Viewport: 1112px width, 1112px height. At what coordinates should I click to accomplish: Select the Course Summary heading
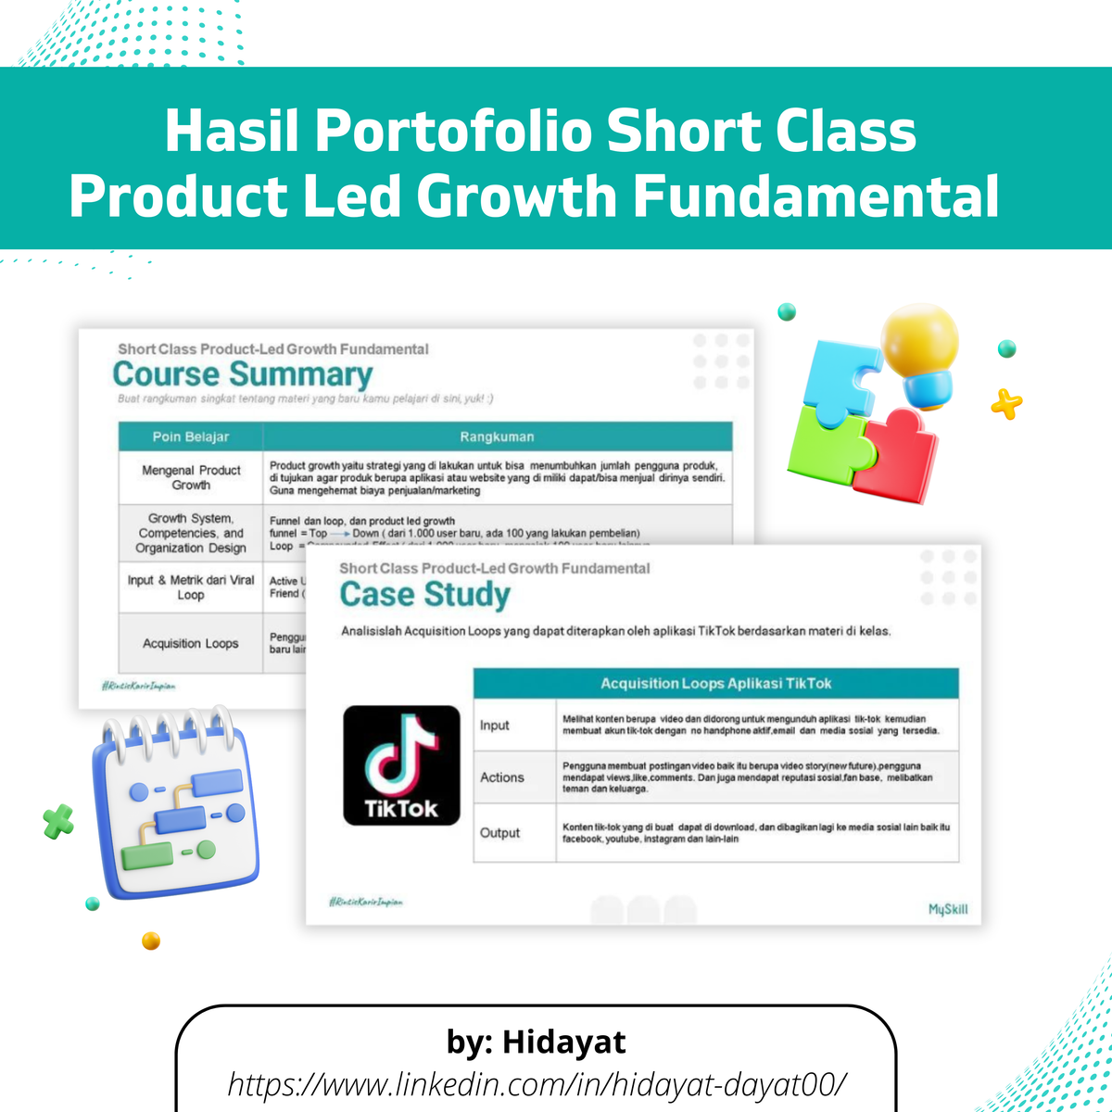(x=242, y=374)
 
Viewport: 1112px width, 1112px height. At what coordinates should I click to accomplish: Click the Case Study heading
(x=424, y=595)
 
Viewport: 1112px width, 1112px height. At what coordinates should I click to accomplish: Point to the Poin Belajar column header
(x=191, y=436)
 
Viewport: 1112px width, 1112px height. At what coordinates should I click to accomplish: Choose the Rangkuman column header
(x=497, y=436)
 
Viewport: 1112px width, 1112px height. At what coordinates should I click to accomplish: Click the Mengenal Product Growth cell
(x=191, y=477)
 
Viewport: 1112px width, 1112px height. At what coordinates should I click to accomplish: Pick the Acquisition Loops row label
(x=191, y=643)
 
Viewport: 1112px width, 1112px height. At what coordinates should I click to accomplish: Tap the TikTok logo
(x=401, y=765)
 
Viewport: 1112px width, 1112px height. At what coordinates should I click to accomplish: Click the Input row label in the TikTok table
(x=495, y=725)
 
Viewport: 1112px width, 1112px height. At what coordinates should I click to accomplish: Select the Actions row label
(x=502, y=777)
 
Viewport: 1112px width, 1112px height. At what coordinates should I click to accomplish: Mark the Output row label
(x=500, y=833)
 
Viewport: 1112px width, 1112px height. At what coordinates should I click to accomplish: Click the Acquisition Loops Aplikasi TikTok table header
(x=715, y=684)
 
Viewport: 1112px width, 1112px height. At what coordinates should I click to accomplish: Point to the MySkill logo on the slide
(x=947, y=909)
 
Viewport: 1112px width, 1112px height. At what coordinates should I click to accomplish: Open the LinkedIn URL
(x=537, y=1082)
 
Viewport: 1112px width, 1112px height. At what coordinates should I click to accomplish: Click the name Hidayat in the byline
(x=563, y=1042)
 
